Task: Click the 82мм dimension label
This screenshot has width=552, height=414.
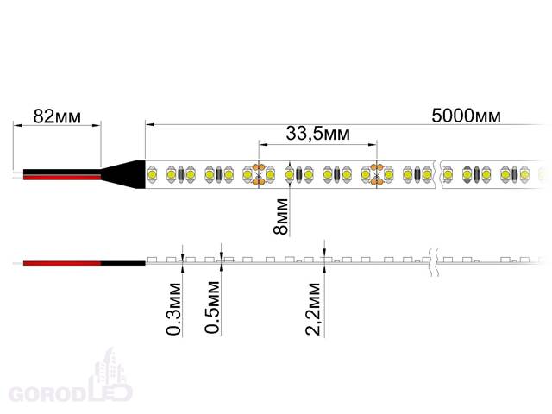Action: point(57,116)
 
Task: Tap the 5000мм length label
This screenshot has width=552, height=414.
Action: point(466,116)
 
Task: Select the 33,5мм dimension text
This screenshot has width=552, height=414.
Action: point(318,134)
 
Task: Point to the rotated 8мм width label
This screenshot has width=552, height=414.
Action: point(280,216)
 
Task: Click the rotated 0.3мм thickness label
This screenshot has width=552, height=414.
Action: point(174,309)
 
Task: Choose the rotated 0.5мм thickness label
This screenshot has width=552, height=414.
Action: point(213,307)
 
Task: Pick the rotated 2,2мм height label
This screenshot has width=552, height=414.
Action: point(313,309)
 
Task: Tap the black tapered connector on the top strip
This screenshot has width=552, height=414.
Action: point(123,174)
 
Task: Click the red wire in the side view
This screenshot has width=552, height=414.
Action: point(62,263)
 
